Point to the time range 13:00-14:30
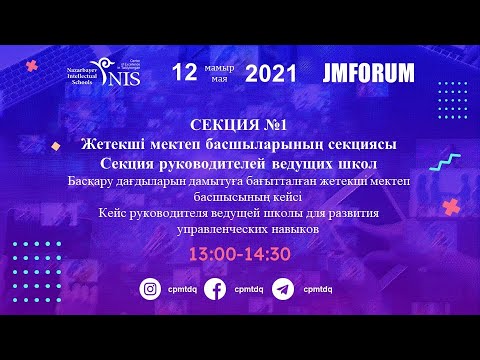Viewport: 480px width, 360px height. tap(240, 255)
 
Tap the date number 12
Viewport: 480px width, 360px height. tap(185, 72)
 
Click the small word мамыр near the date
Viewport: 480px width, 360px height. tap(218, 66)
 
